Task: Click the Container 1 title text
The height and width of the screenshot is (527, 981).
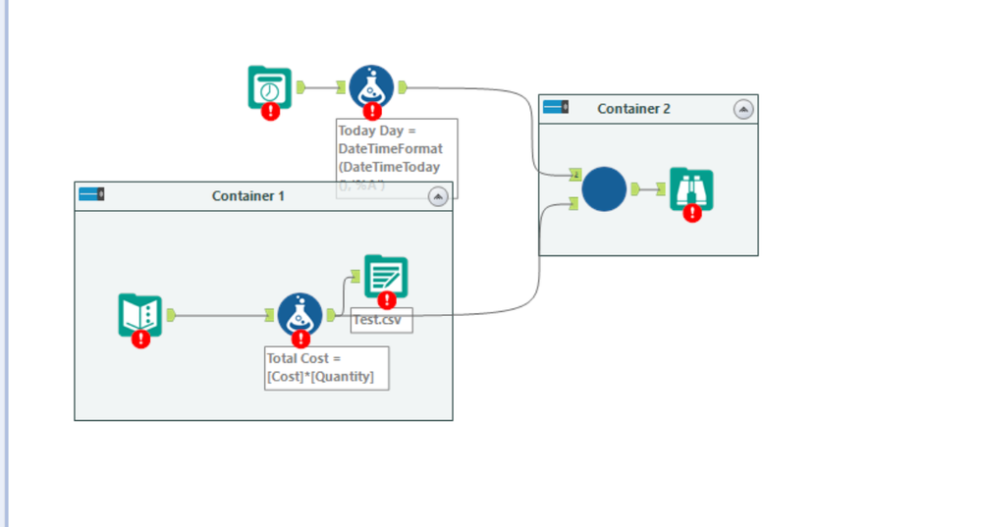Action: point(247,196)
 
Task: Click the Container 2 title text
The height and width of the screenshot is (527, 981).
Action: point(633,109)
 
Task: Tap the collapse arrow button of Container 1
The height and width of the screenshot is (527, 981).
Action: point(438,196)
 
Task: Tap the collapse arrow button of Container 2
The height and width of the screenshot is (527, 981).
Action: point(743,109)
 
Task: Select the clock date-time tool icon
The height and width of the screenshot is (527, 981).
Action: point(269,87)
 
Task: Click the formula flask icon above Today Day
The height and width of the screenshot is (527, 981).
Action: point(371,87)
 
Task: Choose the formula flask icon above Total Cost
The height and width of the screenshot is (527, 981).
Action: point(300,314)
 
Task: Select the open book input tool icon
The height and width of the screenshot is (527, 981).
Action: point(139,314)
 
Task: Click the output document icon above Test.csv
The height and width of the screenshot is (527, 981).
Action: point(386,276)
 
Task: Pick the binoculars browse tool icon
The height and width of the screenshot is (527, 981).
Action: point(691,189)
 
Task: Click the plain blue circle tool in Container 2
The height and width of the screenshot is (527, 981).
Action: point(604,189)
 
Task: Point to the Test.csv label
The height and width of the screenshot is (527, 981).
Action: point(382,321)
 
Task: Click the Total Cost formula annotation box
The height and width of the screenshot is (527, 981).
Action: point(326,368)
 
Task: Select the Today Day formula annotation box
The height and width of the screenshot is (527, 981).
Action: point(397,157)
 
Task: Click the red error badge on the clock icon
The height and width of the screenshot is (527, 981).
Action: point(271,112)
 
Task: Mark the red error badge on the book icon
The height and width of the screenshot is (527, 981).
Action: point(141,340)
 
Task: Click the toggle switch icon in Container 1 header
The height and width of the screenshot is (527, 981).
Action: point(92,194)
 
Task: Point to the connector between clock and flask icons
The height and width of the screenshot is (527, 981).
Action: point(321,87)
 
